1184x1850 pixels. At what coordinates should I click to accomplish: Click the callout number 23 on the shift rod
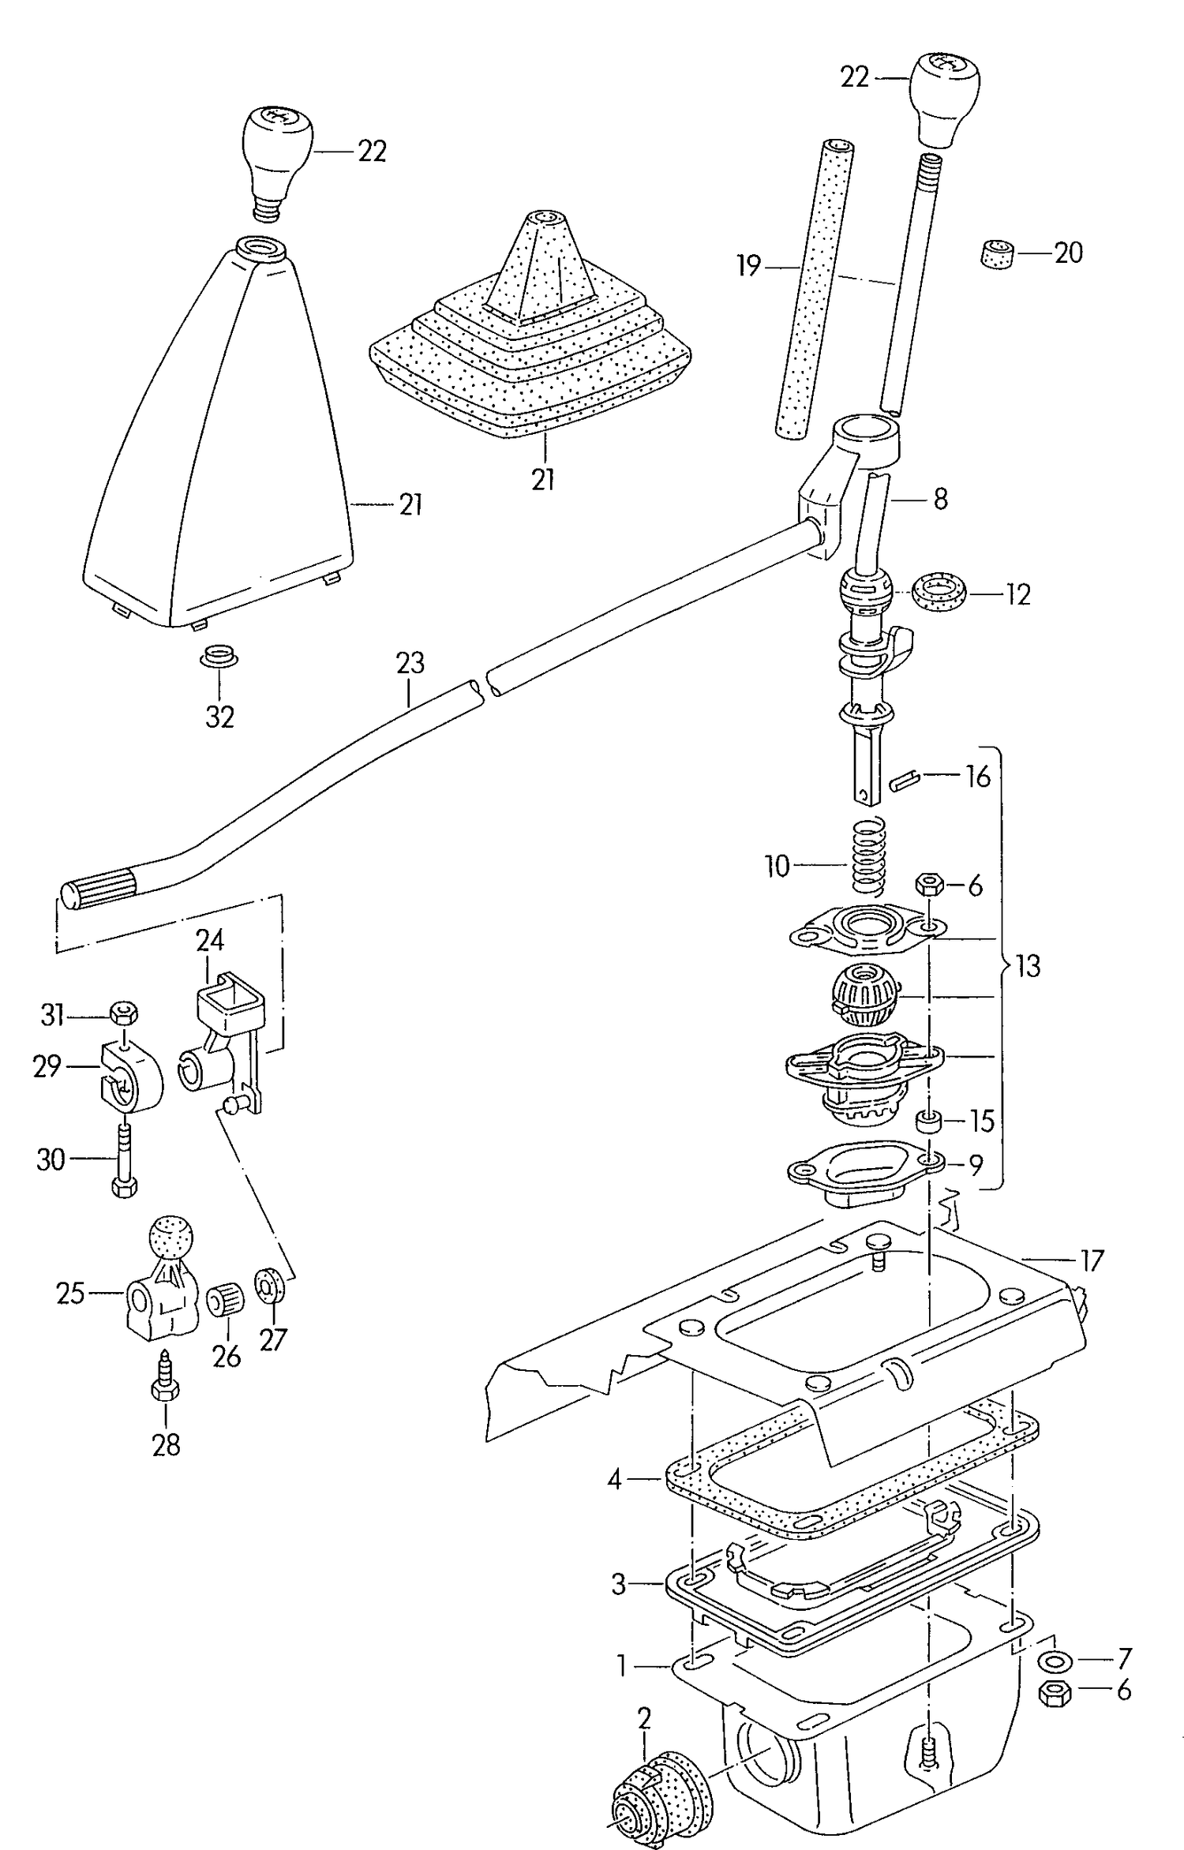pos(410,662)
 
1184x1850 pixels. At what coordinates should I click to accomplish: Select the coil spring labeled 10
pos(869,856)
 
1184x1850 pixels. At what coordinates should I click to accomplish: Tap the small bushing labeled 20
pos(999,254)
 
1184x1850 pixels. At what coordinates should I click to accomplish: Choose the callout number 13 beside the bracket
pos(1027,965)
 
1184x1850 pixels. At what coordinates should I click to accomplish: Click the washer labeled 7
pos(1050,1660)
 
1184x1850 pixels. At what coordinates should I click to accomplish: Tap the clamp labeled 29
pos(130,1077)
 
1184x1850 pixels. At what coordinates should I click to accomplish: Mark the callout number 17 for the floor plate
pos(1092,1261)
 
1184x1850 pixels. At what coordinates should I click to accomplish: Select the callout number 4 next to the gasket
pos(615,1479)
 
